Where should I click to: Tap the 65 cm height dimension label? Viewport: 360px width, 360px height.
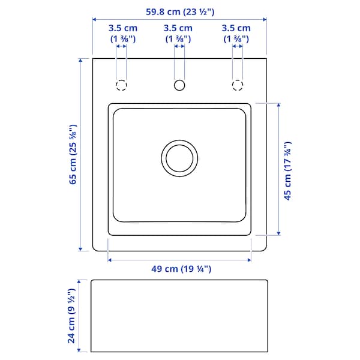[72, 154]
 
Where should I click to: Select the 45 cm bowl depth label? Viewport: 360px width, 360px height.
[287, 171]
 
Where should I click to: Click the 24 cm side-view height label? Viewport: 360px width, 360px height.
[72, 316]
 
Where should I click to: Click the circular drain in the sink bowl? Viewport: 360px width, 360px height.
[179, 158]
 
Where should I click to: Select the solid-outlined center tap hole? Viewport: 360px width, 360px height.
[179, 85]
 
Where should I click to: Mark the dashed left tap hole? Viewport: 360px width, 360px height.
[121, 85]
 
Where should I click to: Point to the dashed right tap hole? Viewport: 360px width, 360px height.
[238, 85]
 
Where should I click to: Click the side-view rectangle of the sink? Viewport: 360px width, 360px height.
[179, 316]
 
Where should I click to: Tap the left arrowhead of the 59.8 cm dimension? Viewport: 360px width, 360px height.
[95, 20]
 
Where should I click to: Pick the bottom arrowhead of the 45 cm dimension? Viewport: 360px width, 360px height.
[278, 232]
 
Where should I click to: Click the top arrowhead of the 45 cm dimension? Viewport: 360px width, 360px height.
[278, 106]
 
